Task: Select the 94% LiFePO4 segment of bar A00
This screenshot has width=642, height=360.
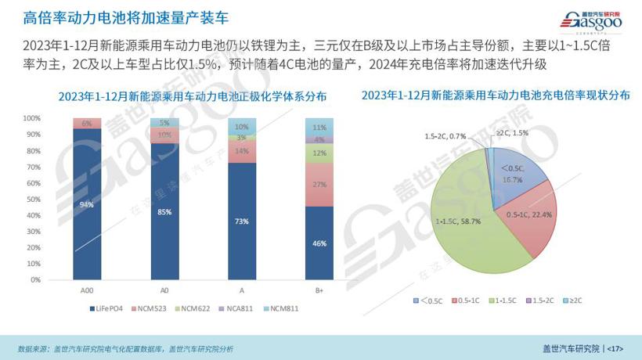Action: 87,204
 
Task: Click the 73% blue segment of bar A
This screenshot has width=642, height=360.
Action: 241,221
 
